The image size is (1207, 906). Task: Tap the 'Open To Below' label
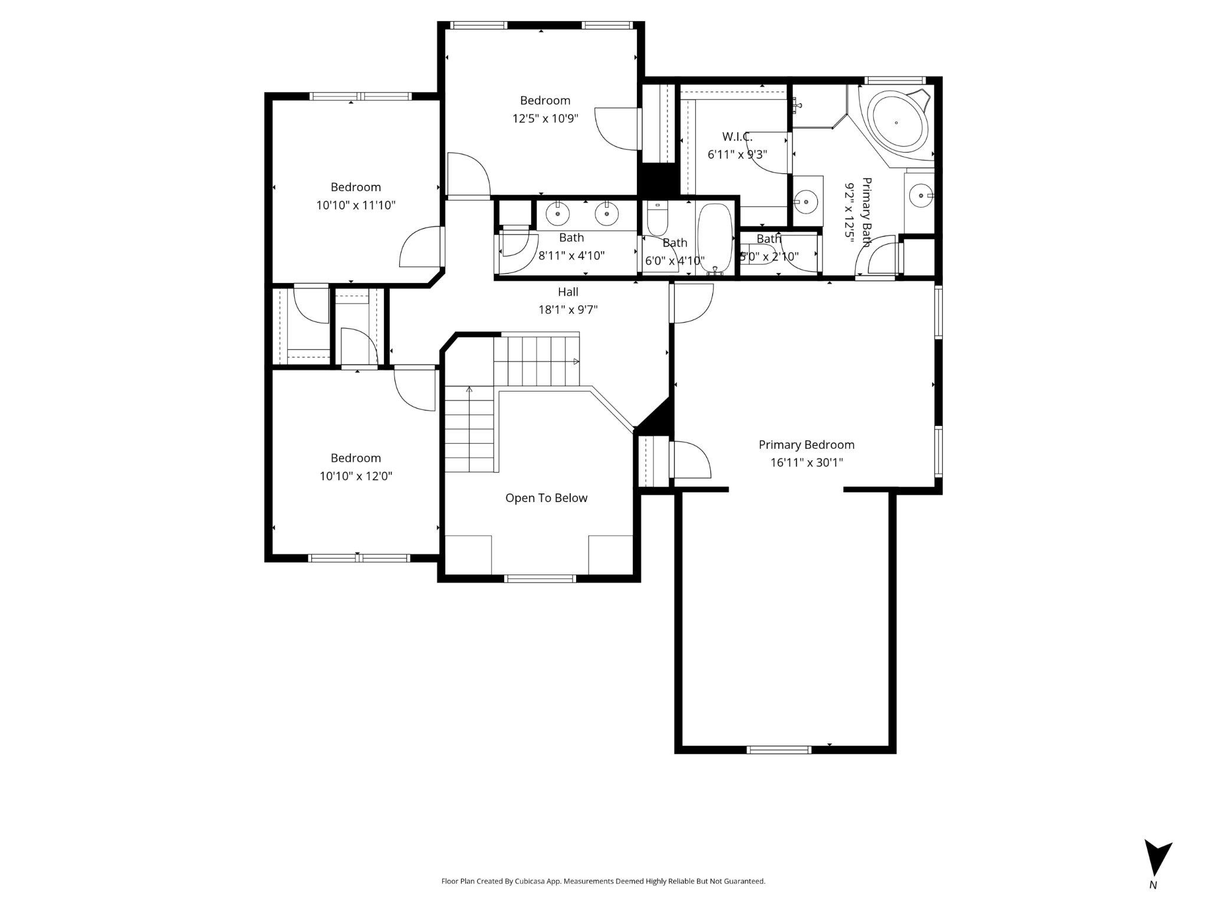tap(546, 498)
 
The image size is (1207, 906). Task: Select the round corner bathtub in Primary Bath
tap(896, 123)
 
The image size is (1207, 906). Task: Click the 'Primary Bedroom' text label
tap(806, 445)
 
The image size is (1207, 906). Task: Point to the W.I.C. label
tap(737, 137)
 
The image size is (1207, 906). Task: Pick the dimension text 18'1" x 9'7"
tap(568, 310)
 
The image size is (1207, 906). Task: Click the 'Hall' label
tap(568, 291)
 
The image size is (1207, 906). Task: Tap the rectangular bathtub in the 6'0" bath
tap(715, 239)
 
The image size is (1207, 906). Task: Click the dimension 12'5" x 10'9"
tap(545, 119)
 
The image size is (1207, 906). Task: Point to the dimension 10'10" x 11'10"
tap(356, 205)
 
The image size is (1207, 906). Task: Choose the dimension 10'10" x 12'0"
tap(356, 476)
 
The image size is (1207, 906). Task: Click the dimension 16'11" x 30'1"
tap(806, 462)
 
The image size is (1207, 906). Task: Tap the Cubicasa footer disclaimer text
tap(603, 881)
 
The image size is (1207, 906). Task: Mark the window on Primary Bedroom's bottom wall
tap(778, 750)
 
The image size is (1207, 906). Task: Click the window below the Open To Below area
tap(540, 579)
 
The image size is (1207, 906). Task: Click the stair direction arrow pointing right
tap(575, 361)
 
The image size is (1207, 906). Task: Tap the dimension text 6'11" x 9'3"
tap(737, 155)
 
